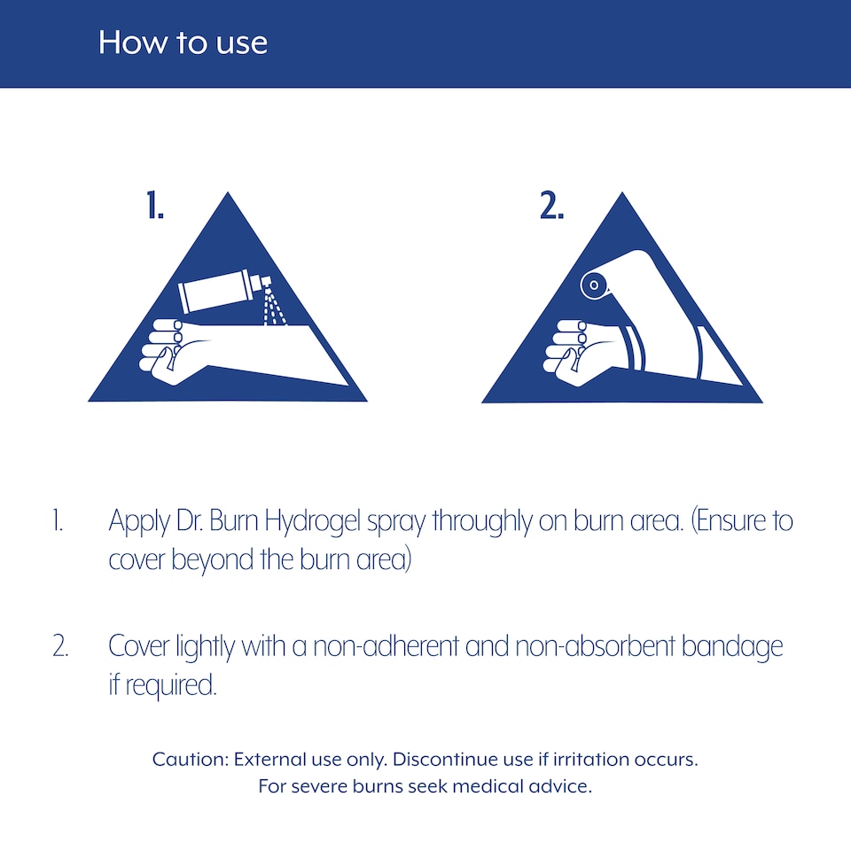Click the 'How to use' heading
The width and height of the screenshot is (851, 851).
[183, 43]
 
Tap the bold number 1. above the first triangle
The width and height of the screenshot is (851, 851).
[154, 205]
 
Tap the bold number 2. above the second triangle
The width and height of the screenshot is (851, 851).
[551, 205]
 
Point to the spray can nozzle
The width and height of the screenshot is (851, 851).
[266, 281]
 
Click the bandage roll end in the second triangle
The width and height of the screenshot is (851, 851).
[593, 285]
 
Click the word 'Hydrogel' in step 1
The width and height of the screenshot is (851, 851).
[312, 521]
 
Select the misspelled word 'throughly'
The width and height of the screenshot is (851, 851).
[482, 521]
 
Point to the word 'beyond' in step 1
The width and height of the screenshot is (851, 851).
[213, 560]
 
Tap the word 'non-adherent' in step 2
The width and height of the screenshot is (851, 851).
[386, 646]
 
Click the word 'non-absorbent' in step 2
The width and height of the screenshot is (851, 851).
[594, 646]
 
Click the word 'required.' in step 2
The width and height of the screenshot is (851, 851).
[171, 686]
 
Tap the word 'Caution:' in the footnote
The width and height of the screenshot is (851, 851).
[191, 759]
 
